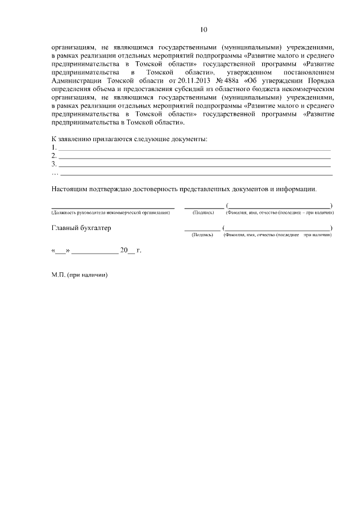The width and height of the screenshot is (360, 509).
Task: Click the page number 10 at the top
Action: point(204,29)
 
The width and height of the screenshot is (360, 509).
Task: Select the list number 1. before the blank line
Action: point(54,147)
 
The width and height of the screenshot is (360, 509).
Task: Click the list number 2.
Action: point(54,156)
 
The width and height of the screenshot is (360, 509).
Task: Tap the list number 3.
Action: point(54,164)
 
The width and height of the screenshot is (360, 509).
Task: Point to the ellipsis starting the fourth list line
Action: point(55,173)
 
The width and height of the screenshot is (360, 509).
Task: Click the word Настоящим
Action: point(70,190)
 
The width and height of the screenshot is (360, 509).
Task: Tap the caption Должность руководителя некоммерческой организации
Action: point(110,213)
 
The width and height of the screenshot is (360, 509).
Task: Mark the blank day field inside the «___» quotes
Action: point(60,251)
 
